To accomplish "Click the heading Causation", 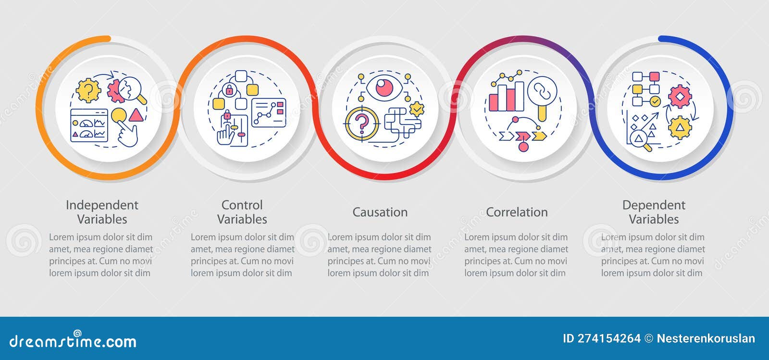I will pyautogui.click(x=380, y=212).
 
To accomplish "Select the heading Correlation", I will pyautogui.click(x=517, y=212).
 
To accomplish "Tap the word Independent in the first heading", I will pyautogui.click(x=102, y=205).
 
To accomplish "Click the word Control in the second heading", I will pyautogui.click(x=242, y=205).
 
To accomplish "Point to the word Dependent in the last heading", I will pyautogui.click(x=654, y=205).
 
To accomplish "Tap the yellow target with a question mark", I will pyautogui.click(x=361, y=123).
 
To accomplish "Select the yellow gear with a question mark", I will pyautogui.click(x=88, y=90).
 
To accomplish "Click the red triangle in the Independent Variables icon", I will pyautogui.click(x=136, y=115).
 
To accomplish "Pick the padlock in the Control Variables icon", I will pyautogui.click(x=229, y=89).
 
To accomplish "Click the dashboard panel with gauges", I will pyautogui.click(x=89, y=126).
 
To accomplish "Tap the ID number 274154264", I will pyautogui.click(x=601, y=338).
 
